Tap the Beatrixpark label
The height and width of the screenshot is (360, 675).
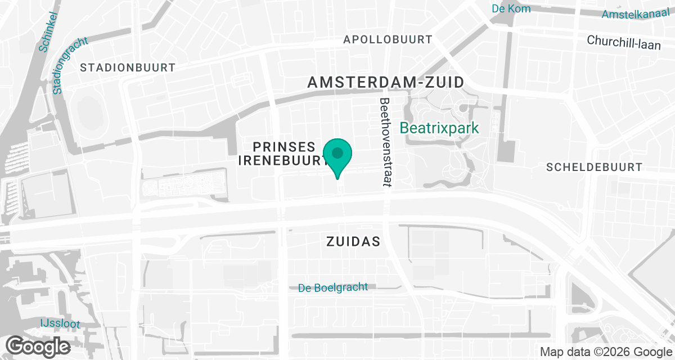[439, 128]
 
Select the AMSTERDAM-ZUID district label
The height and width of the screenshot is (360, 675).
[386, 82]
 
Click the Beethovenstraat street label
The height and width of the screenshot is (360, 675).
[385, 142]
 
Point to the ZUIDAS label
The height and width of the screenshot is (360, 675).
[353, 242]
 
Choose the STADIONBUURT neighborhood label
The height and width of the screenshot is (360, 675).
[128, 67]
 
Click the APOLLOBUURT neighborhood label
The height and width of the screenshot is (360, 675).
[388, 39]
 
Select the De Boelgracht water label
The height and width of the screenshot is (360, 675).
[333, 287]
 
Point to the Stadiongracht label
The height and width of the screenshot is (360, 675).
[71, 65]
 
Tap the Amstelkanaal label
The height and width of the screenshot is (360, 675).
[637, 13]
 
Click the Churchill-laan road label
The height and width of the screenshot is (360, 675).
[624, 42]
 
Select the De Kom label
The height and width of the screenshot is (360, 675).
[511, 8]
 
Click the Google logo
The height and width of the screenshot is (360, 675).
[38, 345]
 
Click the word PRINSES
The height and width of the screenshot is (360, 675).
[284, 147]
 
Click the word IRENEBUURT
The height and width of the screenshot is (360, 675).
[282, 160]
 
